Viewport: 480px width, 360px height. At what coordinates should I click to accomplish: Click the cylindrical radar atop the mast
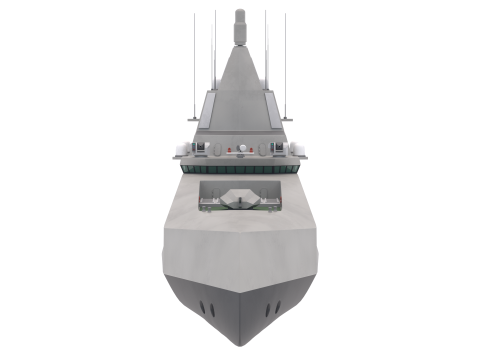(240, 20)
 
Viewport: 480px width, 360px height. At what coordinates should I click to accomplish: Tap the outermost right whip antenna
(286, 60)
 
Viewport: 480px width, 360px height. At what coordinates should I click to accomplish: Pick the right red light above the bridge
(250, 150)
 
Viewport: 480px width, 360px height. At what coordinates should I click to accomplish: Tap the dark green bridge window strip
(240, 170)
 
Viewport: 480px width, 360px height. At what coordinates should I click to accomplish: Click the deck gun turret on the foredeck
(239, 199)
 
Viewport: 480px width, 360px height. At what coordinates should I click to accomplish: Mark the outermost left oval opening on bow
(203, 304)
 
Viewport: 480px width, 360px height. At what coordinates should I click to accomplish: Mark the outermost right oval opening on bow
(277, 304)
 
